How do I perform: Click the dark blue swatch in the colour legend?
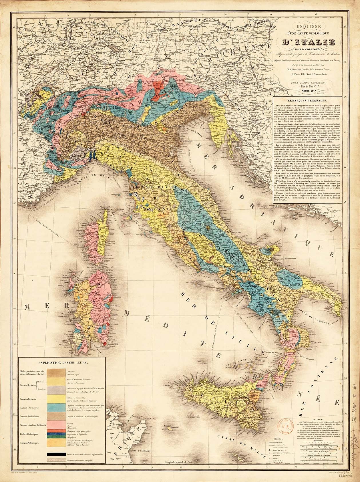56,434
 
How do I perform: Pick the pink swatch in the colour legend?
56,425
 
